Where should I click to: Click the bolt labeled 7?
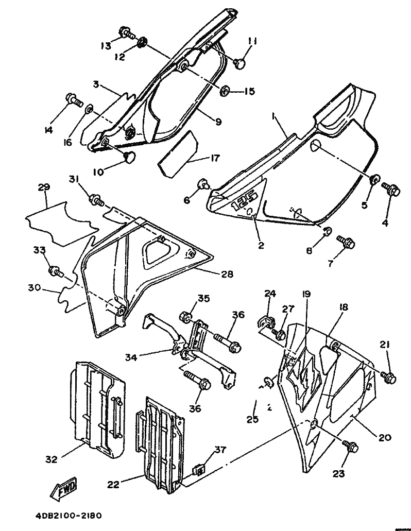point(345,241)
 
